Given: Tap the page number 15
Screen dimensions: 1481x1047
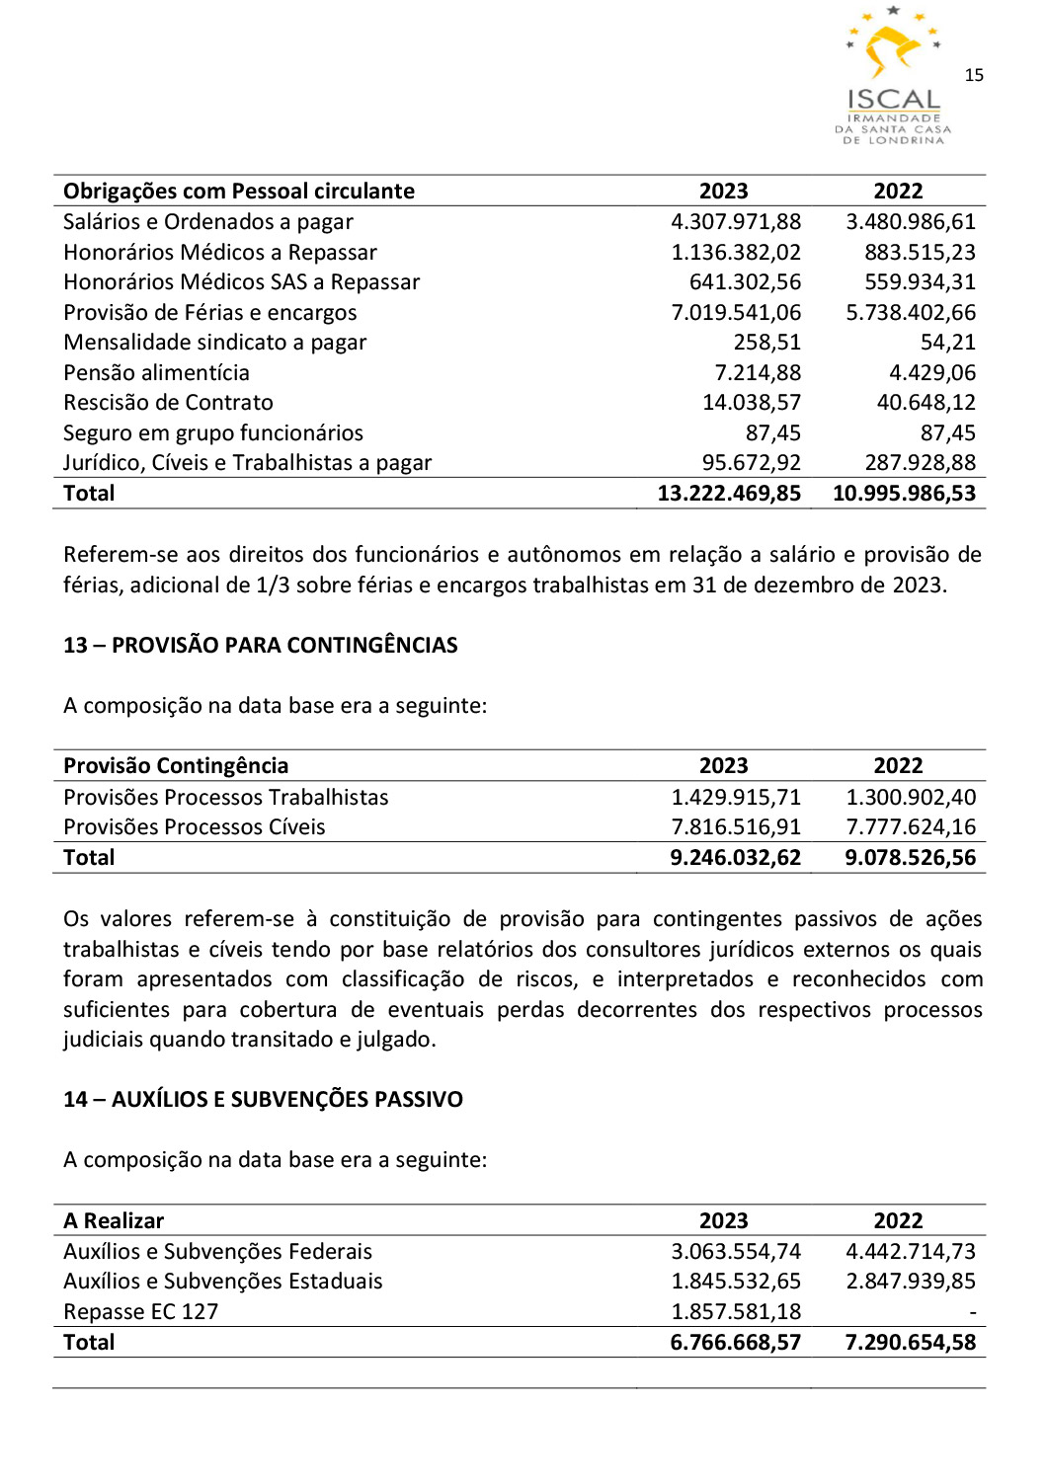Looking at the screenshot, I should tap(974, 75).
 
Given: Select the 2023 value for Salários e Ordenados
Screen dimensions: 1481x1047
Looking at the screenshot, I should tap(736, 222).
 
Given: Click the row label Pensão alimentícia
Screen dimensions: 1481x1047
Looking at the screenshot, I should tap(156, 373).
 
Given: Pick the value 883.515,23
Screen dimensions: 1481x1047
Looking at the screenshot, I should tap(920, 253).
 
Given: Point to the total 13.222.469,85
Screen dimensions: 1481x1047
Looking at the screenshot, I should tap(729, 494).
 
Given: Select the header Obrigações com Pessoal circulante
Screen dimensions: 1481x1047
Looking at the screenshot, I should tap(239, 192).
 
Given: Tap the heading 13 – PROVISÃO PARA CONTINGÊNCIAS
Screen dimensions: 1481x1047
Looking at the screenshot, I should tap(261, 646).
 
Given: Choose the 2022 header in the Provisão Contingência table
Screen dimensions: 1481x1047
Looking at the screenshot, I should tap(898, 766).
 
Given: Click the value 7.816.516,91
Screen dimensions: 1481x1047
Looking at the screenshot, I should tap(736, 827).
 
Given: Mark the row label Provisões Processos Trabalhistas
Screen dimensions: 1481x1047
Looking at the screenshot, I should tap(226, 798).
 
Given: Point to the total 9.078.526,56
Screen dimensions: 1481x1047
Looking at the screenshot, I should tap(910, 858).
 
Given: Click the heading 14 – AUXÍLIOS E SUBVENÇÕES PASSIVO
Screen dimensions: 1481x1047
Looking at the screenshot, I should tap(263, 1100).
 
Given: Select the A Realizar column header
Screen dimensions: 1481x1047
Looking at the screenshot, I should tap(114, 1221).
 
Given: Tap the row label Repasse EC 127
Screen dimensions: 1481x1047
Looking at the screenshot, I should tap(140, 1312).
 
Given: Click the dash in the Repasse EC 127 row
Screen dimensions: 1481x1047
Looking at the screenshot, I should tap(972, 1313).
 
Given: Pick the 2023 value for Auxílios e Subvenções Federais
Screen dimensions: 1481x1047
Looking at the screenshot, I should tap(736, 1252).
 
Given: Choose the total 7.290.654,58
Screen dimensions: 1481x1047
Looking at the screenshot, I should tap(910, 1343).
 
